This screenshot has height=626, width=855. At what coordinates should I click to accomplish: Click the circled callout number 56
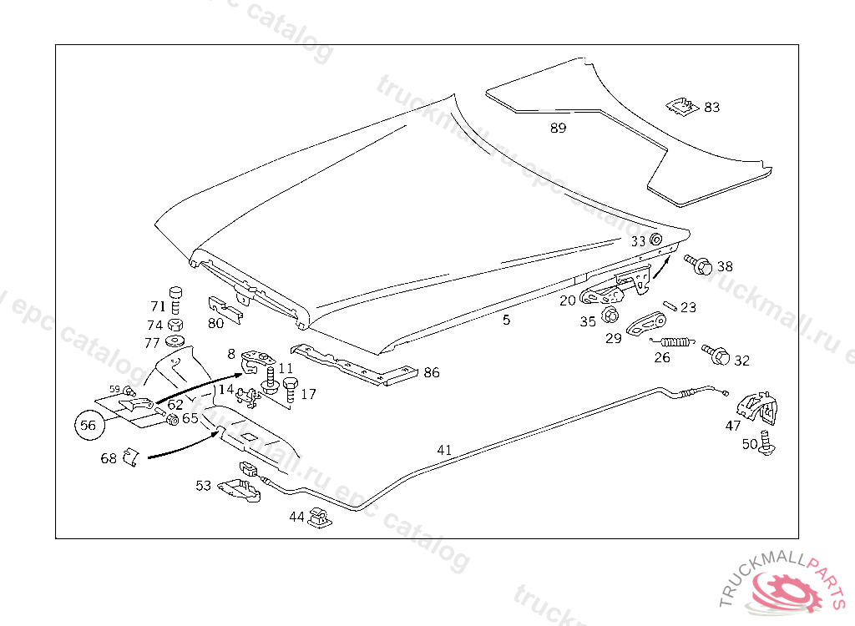point(89,426)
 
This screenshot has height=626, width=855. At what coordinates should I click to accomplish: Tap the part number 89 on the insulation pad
point(558,128)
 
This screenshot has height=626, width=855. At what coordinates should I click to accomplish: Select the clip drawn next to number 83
point(683,106)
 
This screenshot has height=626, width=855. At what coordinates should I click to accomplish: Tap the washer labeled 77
point(176,341)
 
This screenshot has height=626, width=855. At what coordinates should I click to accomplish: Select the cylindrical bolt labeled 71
point(176,296)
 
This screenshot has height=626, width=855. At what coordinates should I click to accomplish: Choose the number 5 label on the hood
point(506,319)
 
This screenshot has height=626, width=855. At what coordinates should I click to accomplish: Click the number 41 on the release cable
point(444,450)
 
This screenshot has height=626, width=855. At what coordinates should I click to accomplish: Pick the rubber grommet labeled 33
point(655,240)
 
